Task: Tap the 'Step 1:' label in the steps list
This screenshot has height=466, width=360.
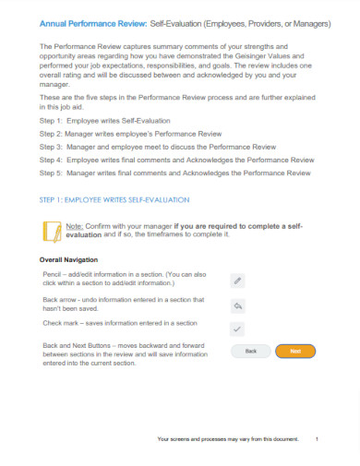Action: point(54,121)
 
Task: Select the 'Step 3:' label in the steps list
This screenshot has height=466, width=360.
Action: point(54,145)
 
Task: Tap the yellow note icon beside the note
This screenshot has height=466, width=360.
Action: point(52,231)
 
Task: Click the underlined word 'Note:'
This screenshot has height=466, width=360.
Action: point(76,226)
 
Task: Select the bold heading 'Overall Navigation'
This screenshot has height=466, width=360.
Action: point(74,259)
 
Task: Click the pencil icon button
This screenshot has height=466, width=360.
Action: point(237,280)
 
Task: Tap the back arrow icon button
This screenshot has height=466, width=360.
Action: point(237,305)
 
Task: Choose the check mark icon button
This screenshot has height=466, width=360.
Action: point(237,329)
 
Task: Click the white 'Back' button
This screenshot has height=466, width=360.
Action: point(249,351)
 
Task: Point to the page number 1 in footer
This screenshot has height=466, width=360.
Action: point(317,439)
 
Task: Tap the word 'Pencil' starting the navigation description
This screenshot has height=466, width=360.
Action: point(54,274)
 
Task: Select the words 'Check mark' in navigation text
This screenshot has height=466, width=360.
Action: point(61,323)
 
